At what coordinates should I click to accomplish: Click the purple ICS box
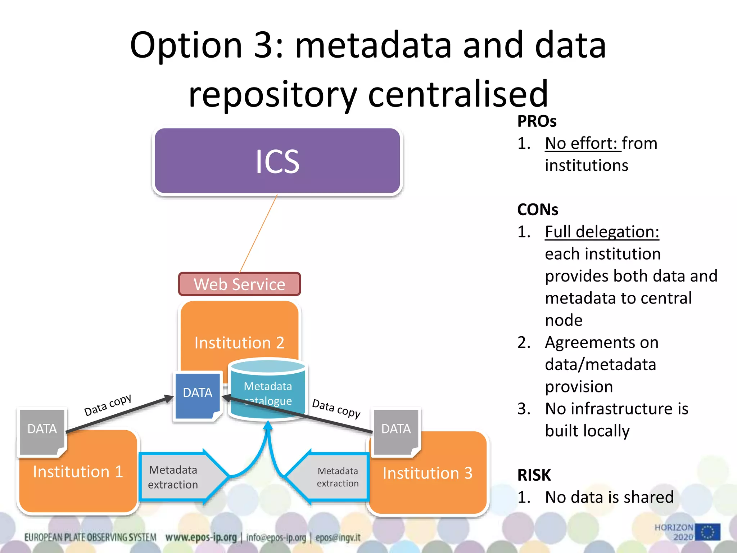pos(277,161)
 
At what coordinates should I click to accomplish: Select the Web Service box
pos(239,284)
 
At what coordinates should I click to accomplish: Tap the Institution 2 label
pos(239,342)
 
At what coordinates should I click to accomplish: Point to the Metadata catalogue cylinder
pos(268,389)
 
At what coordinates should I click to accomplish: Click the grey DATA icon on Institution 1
pos(42,431)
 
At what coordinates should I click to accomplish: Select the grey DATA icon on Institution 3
pos(396,431)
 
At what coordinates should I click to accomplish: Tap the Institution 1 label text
pos(78,472)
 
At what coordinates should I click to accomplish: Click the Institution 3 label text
pos(428,473)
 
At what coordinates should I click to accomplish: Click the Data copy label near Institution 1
pos(108,405)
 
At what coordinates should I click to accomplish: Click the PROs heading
pos(537,121)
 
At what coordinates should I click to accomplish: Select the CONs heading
pos(538,210)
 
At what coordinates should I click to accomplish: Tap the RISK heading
pos(534,475)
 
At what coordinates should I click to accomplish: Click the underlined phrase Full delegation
pos(602,231)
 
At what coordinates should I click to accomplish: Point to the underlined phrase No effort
pos(582,143)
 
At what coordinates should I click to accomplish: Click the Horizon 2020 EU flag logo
pos(707,532)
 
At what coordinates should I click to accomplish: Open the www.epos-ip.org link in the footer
pos(201,538)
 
